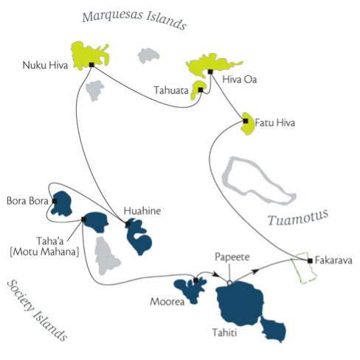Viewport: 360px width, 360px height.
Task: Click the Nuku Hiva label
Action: (x=45, y=66)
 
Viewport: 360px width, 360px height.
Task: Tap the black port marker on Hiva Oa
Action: (x=210, y=72)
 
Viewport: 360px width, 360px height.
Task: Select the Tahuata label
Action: (x=171, y=90)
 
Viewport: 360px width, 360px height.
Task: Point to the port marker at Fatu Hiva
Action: (x=246, y=121)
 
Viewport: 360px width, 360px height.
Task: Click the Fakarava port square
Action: (x=310, y=260)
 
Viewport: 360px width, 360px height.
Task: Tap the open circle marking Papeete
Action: (x=229, y=283)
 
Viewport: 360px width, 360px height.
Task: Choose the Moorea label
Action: (x=167, y=302)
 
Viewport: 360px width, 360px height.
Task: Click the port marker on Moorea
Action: (x=195, y=280)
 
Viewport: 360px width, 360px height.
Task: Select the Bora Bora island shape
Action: (x=61, y=204)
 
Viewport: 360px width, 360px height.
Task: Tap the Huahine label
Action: (x=142, y=211)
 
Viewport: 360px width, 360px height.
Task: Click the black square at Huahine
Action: (x=128, y=224)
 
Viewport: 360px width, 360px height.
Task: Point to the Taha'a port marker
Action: (x=84, y=219)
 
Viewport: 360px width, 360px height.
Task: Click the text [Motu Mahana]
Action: (x=44, y=252)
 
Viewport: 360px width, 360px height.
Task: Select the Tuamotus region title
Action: (x=298, y=217)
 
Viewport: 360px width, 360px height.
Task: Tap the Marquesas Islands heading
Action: (x=134, y=19)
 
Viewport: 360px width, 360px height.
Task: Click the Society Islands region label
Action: (x=37, y=311)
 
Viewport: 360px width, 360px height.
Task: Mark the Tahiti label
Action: (x=224, y=333)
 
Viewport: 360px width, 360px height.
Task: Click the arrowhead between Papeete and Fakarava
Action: (x=256, y=271)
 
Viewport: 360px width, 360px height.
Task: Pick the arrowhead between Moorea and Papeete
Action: (x=216, y=274)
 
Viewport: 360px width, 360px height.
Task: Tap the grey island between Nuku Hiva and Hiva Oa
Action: (x=148, y=55)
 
